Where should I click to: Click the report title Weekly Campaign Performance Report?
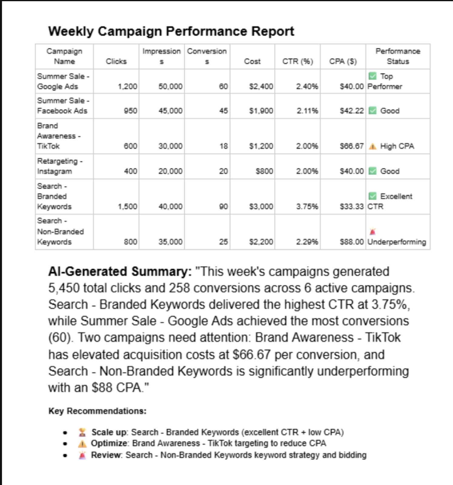(x=171, y=31)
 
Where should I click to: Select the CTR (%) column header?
(x=297, y=61)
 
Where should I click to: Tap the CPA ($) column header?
(x=343, y=61)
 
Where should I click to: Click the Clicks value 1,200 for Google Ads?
(x=127, y=86)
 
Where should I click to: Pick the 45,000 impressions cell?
(x=170, y=111)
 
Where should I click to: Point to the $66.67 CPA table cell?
(x=351, y=146)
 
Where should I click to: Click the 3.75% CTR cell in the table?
(x=307, y=206)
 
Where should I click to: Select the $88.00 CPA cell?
(x=351, y=242)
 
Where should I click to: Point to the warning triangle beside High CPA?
(x=372, y=146)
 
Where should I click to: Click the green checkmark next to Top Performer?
(x=372, y=76)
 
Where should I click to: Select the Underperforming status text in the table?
(x=397, y=242)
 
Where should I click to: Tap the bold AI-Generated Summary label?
(x=120, y=272)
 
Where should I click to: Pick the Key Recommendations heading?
(x=97, y=411)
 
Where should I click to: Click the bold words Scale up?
(x=109, y=432)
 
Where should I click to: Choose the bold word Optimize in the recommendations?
(x=109, y=443)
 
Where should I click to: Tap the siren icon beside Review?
(x=82, y=455)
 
